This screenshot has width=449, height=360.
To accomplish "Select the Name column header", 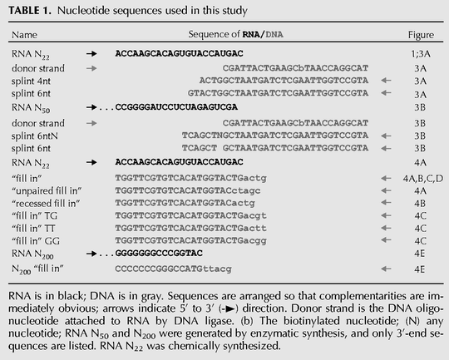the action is coord(24,35).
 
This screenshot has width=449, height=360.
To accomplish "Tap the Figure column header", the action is coord(421,35).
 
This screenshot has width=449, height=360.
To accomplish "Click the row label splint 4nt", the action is coord(31,81).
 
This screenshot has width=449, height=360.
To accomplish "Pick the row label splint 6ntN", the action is coord(35,136).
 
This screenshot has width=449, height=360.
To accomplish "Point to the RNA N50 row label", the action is coord(31,108).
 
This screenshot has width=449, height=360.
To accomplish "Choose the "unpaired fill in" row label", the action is coord(47,190).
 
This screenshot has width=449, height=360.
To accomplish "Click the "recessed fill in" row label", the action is coord(46,204).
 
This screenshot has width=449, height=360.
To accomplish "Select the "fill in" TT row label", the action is coord(33,229).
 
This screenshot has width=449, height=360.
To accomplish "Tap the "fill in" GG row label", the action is coord(36,241).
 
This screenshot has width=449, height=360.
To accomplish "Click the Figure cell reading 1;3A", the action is coord(421,54).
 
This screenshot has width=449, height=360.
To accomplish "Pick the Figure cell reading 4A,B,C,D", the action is coord(423,179).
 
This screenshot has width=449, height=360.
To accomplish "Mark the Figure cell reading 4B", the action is coord(420,204).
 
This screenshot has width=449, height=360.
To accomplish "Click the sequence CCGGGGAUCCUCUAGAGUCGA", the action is coord(176,107).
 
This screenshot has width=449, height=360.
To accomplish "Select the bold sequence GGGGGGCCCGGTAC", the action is coord(159,254).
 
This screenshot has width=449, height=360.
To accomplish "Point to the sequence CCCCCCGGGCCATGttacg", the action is coord(173,269).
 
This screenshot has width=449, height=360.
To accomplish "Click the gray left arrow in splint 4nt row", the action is coord(386,81).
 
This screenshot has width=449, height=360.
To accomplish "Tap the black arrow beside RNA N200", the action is coord(91,254).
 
